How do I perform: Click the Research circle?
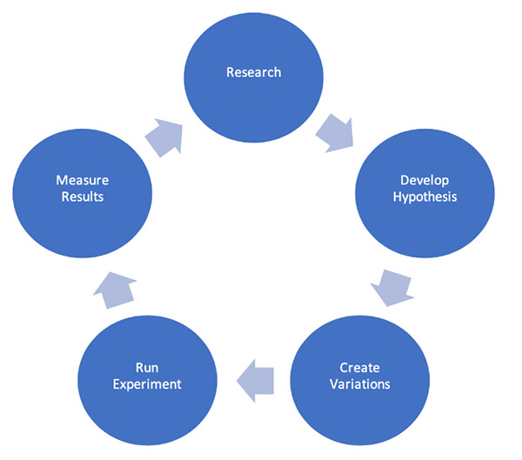click(x=254, y=78)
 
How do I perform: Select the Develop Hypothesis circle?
click(x=425, y=193)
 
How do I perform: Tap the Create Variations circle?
click(x=360, y=381)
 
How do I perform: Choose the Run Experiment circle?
click(x=148, y=381)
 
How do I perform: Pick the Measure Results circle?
click(x=83, y=193)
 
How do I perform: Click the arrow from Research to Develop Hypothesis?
click(x=335, y=133)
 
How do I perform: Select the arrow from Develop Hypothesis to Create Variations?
click(x=392, y=288)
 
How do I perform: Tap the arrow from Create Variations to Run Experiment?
click(x=255, y=381)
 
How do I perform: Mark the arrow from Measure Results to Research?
click(x=164, y=137)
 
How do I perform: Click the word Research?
click(x=254, y=72)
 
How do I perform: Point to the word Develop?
click(x=425, y=181)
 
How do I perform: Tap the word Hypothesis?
click(x=425, y=197)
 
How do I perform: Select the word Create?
click(x=359, y=368)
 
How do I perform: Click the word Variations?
click(x=360, y=384)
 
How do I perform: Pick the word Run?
click(x=147, y=368)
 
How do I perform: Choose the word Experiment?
click(x=147, y=384)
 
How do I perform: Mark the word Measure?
click(x=83, y=180)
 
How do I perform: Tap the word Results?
click(x=83, y=197)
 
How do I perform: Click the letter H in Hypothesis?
click(x=398, y=197)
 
